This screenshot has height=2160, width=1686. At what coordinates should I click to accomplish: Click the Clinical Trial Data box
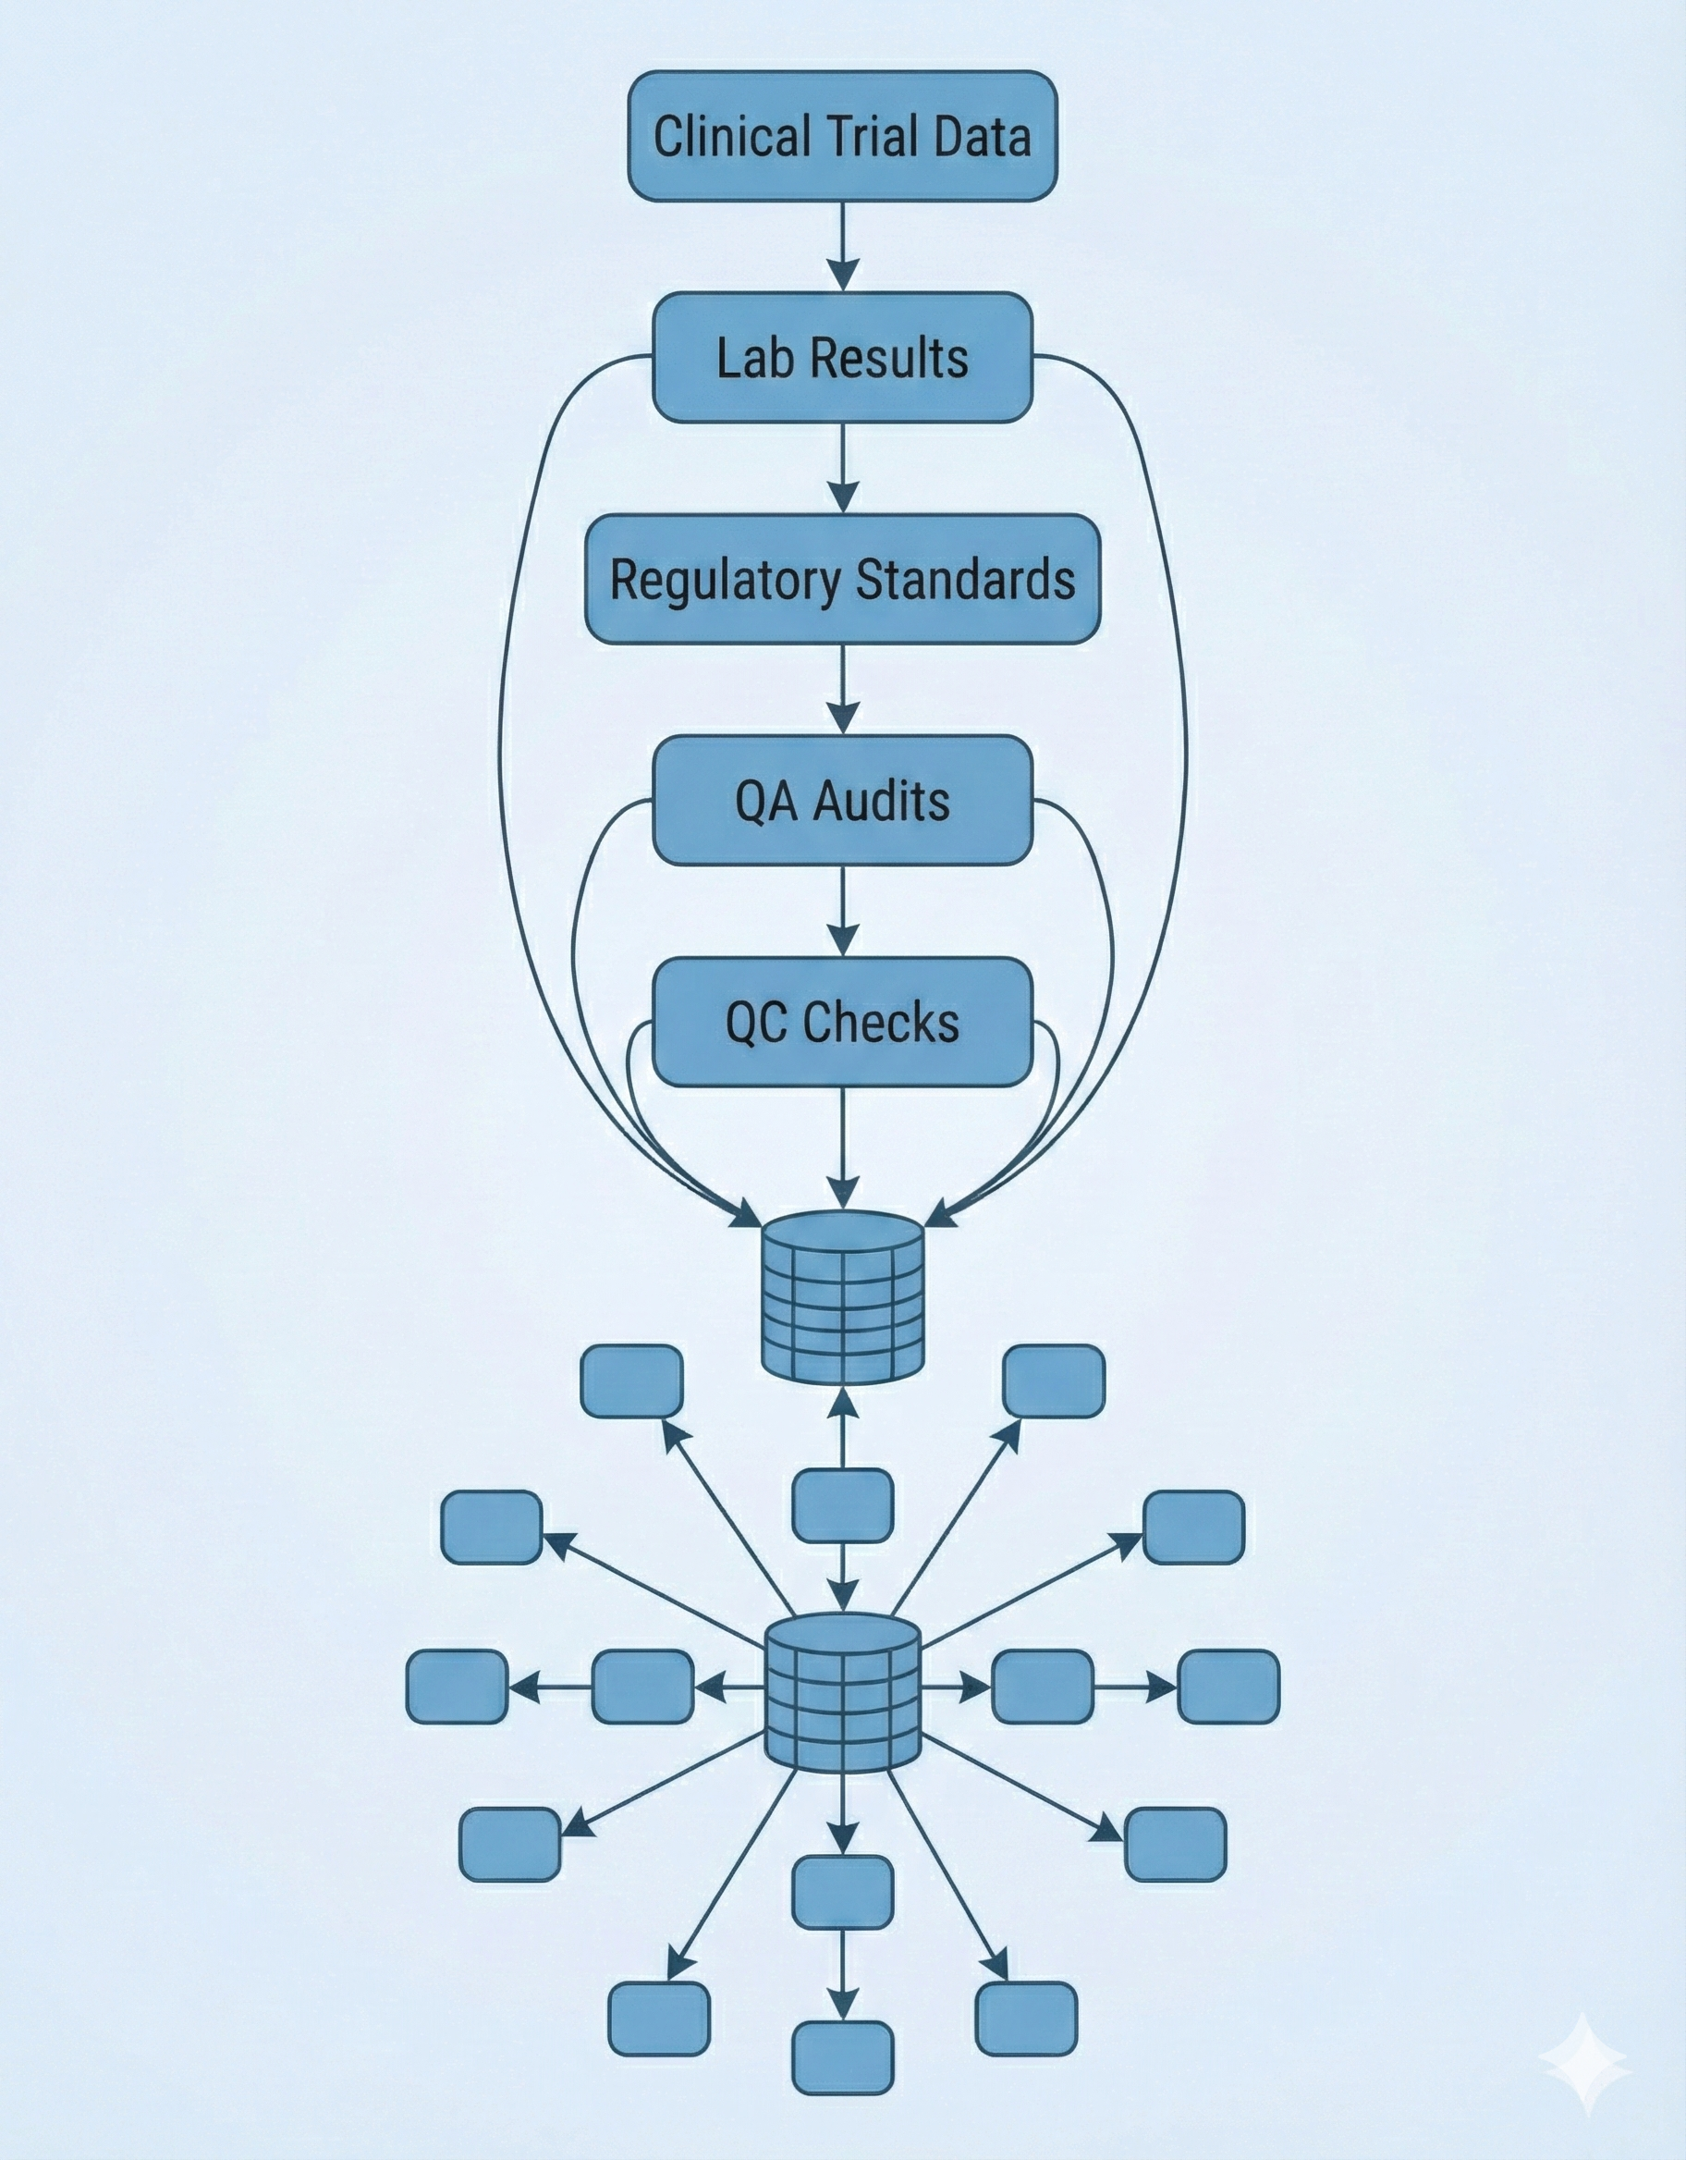[x=842, y=137]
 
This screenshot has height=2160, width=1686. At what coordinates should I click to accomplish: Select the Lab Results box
[x=842, y=357]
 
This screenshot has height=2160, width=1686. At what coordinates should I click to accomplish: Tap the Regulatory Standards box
[x=842, y=580]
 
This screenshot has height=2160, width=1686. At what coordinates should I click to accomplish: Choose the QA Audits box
[x=842, y=800]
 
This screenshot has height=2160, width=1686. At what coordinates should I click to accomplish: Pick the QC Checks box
[x=842, y=1022]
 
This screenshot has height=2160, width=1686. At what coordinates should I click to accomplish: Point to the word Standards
[x=964, y=580]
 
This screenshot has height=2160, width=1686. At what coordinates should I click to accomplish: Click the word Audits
[x=881, y=800]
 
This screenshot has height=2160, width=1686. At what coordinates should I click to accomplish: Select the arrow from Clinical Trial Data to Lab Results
[x=842, y=247]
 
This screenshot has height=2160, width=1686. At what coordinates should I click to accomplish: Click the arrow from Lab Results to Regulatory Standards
[x=842, y=469]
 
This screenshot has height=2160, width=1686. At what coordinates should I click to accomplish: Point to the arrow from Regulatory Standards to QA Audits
[x=842, y=691]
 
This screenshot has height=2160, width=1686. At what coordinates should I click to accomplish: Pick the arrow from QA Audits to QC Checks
[x=842, y=911]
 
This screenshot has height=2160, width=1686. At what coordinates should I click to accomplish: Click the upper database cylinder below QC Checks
[x=842, y=1296]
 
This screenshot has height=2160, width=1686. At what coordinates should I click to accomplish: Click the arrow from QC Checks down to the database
[x=842, y=1147]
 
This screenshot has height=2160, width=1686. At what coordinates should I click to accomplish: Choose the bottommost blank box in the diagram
[x=842, y=2057]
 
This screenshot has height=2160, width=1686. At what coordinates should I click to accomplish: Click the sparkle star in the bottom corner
[x=1583, y=2062]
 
